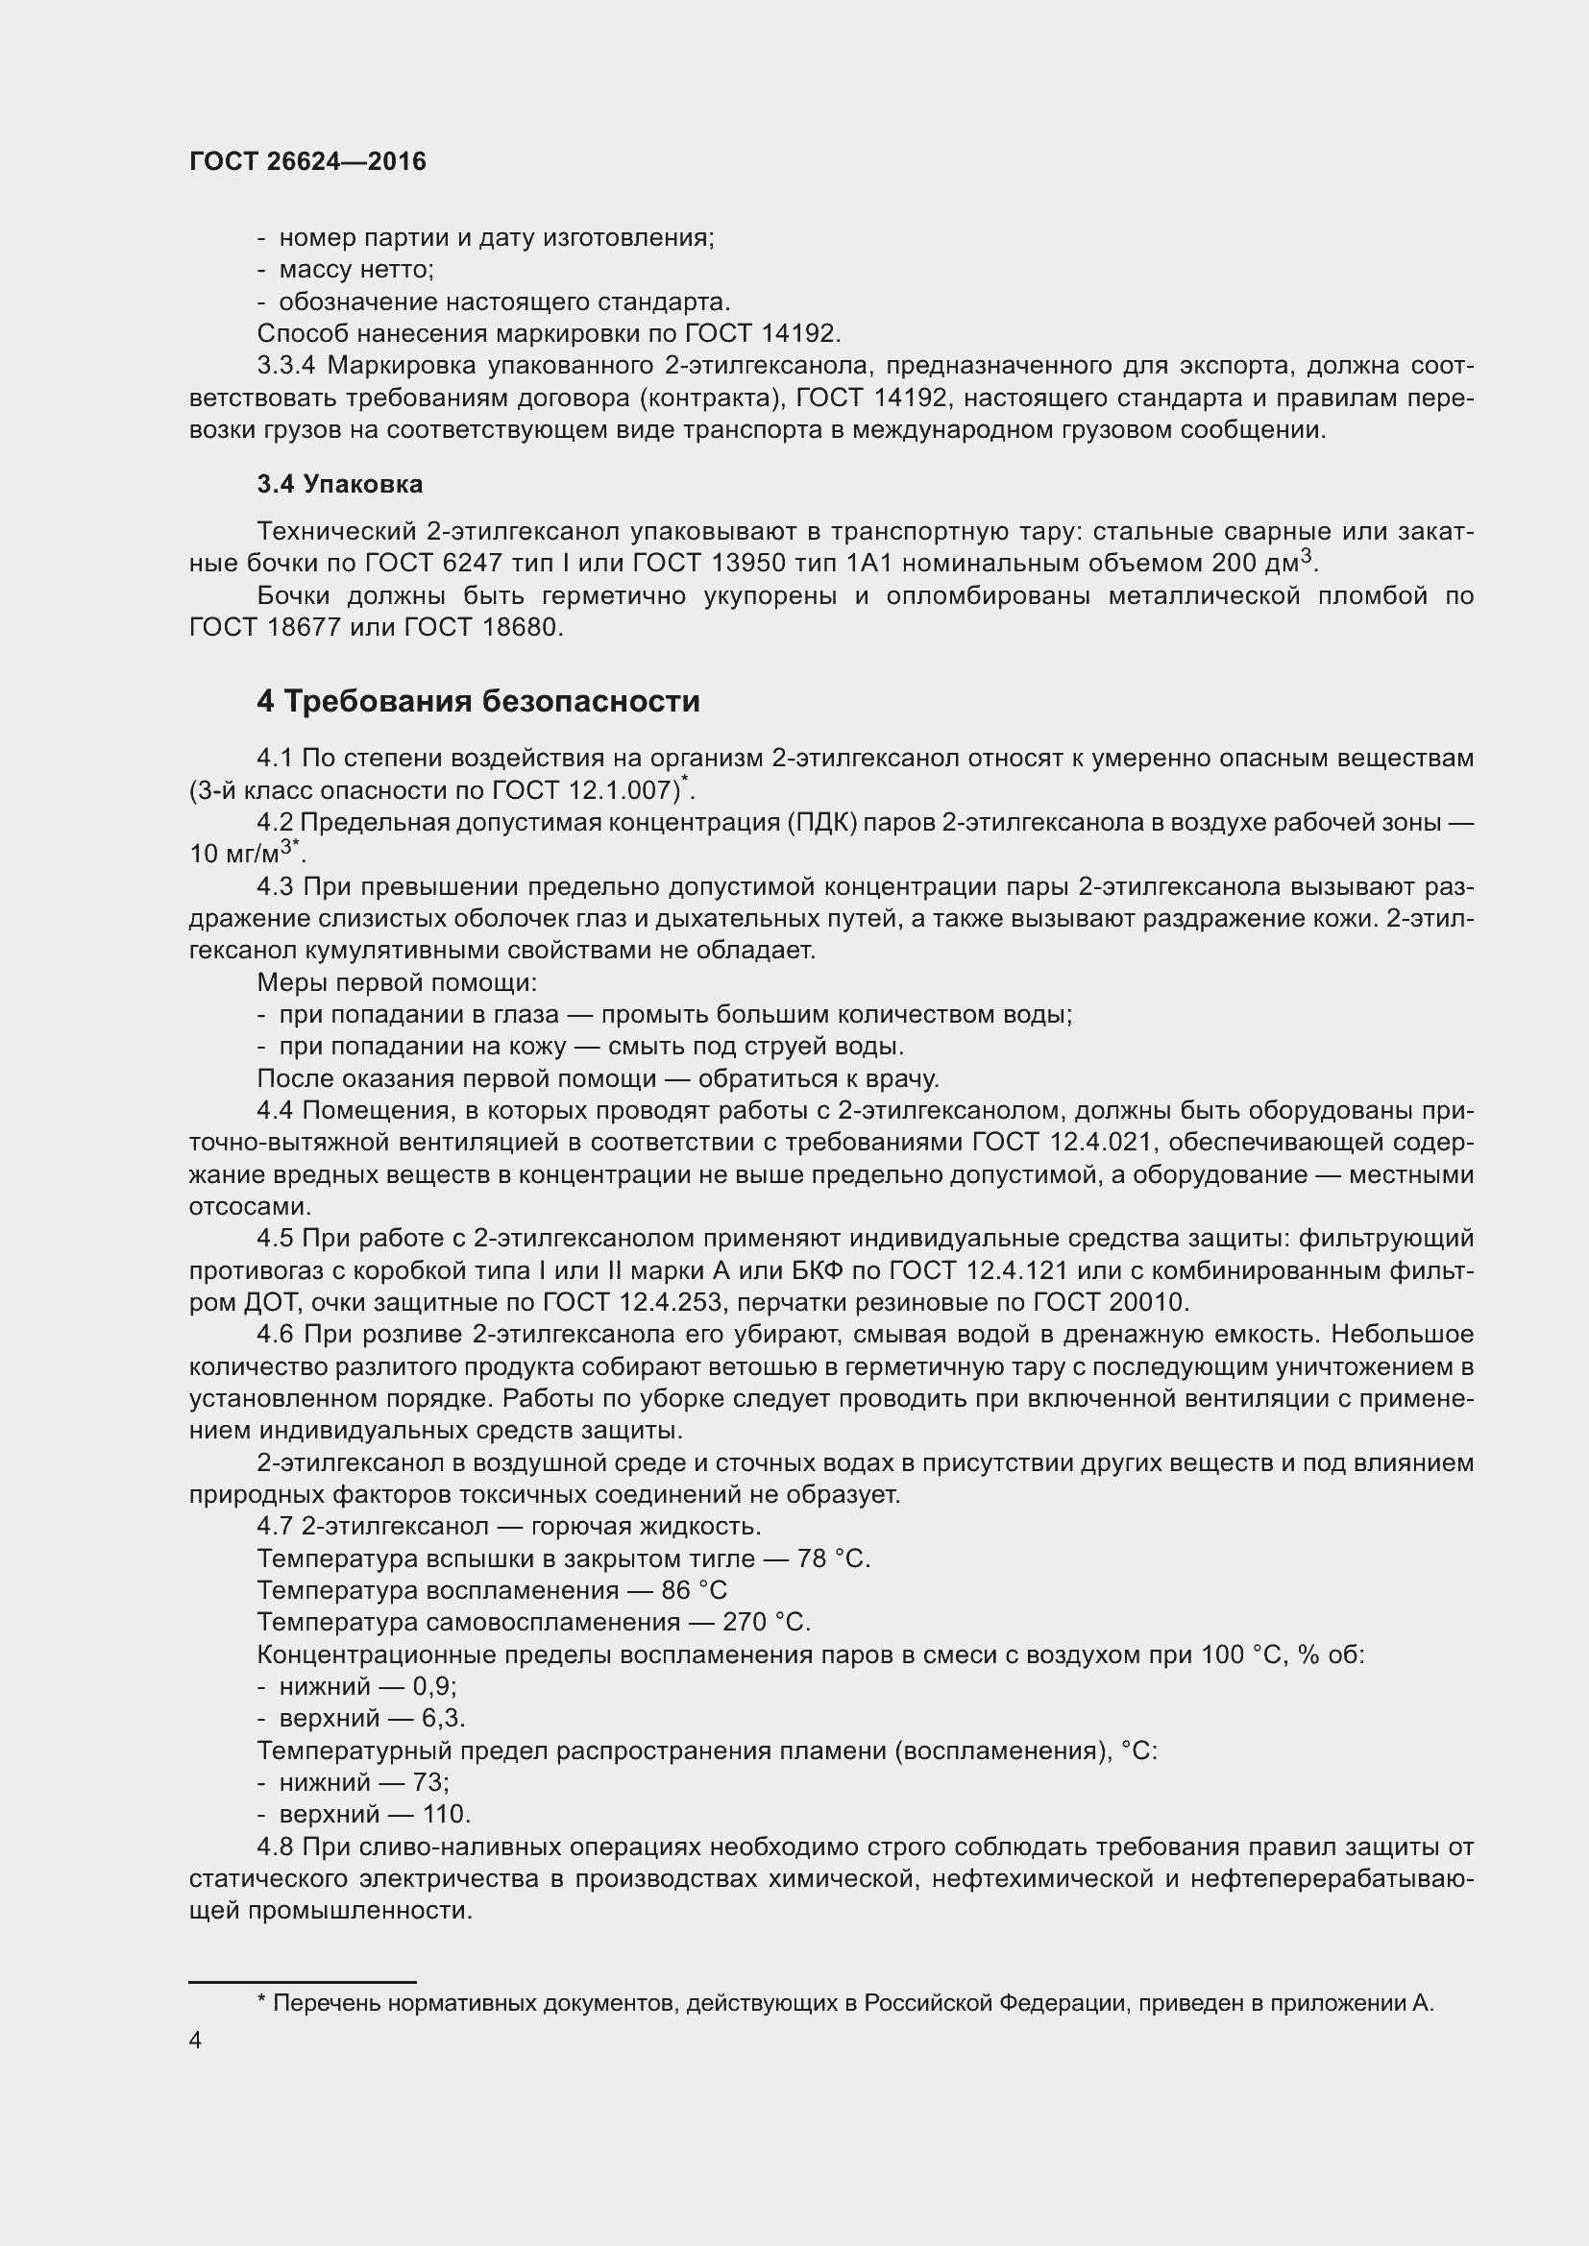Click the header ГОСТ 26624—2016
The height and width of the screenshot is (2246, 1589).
coord(307,161)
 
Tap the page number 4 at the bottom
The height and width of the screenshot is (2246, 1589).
coord(196,2040)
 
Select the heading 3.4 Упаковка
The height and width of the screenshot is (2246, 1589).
coord(339,484)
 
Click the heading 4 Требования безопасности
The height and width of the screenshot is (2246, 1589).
coord(478,701)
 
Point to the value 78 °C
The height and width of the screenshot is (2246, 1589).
coord(833,1558)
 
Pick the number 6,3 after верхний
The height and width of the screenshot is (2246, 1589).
coord(442,1718)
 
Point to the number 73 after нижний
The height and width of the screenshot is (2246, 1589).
coord(429,1781)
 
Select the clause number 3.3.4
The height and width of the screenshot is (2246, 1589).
coord(285,366)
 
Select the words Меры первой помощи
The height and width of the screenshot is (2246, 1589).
coord(396,982)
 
